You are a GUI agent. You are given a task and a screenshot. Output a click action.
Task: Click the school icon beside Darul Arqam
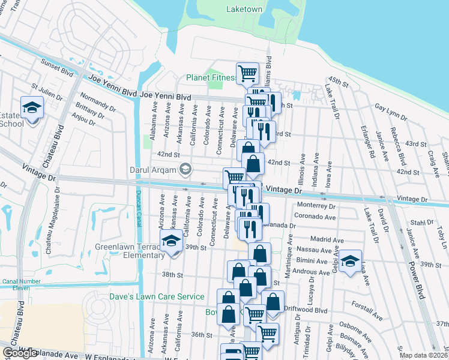[185, 169]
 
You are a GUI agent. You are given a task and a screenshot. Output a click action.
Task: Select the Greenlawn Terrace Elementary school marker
[171, 242]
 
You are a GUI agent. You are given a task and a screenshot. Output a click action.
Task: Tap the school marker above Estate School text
[32, 107]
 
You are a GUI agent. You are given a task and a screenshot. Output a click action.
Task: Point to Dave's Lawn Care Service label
[166, 296]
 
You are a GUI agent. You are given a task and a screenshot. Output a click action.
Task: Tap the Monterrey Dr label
[315, 205]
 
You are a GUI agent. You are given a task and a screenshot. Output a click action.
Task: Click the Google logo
[20, 353]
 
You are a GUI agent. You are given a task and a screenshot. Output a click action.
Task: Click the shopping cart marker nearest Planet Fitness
[247, 73]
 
